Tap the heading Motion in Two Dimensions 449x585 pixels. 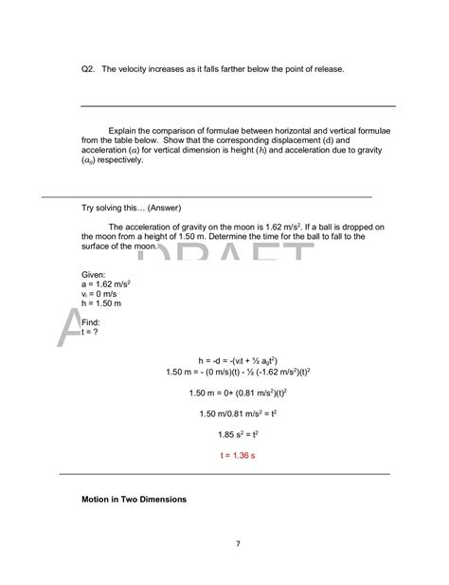coord(135,499)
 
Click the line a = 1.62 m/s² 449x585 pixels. coord(106,283)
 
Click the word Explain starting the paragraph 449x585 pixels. coord(124,130)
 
